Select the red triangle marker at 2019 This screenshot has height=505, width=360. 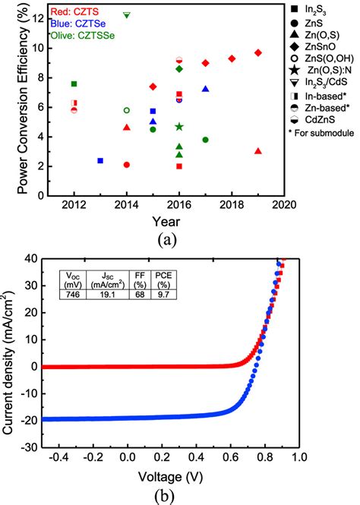(x=258, y=151)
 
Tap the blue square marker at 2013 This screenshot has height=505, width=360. (x=100, y=160)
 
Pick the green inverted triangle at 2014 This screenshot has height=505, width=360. (x=127, y=14)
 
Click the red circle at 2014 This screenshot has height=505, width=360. (x=127, y=165)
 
